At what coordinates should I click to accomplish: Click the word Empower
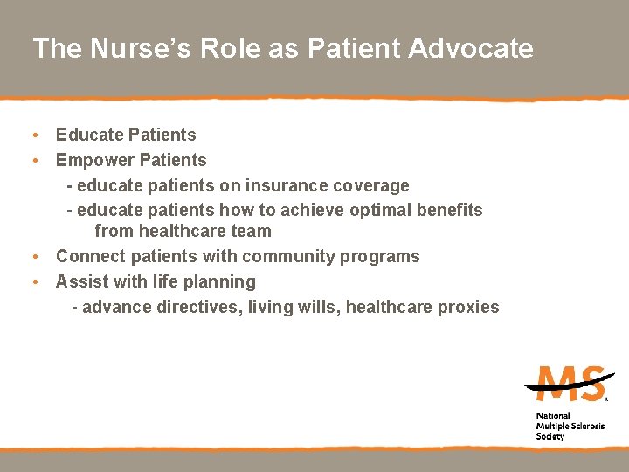click(x=92, y=160)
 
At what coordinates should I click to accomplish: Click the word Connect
click(x=90, y=256)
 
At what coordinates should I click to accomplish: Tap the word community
click(x=294, y=256)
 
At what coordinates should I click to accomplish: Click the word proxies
click(x=470, y=307)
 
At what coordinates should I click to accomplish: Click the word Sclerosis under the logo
click(x=585, y=426)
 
